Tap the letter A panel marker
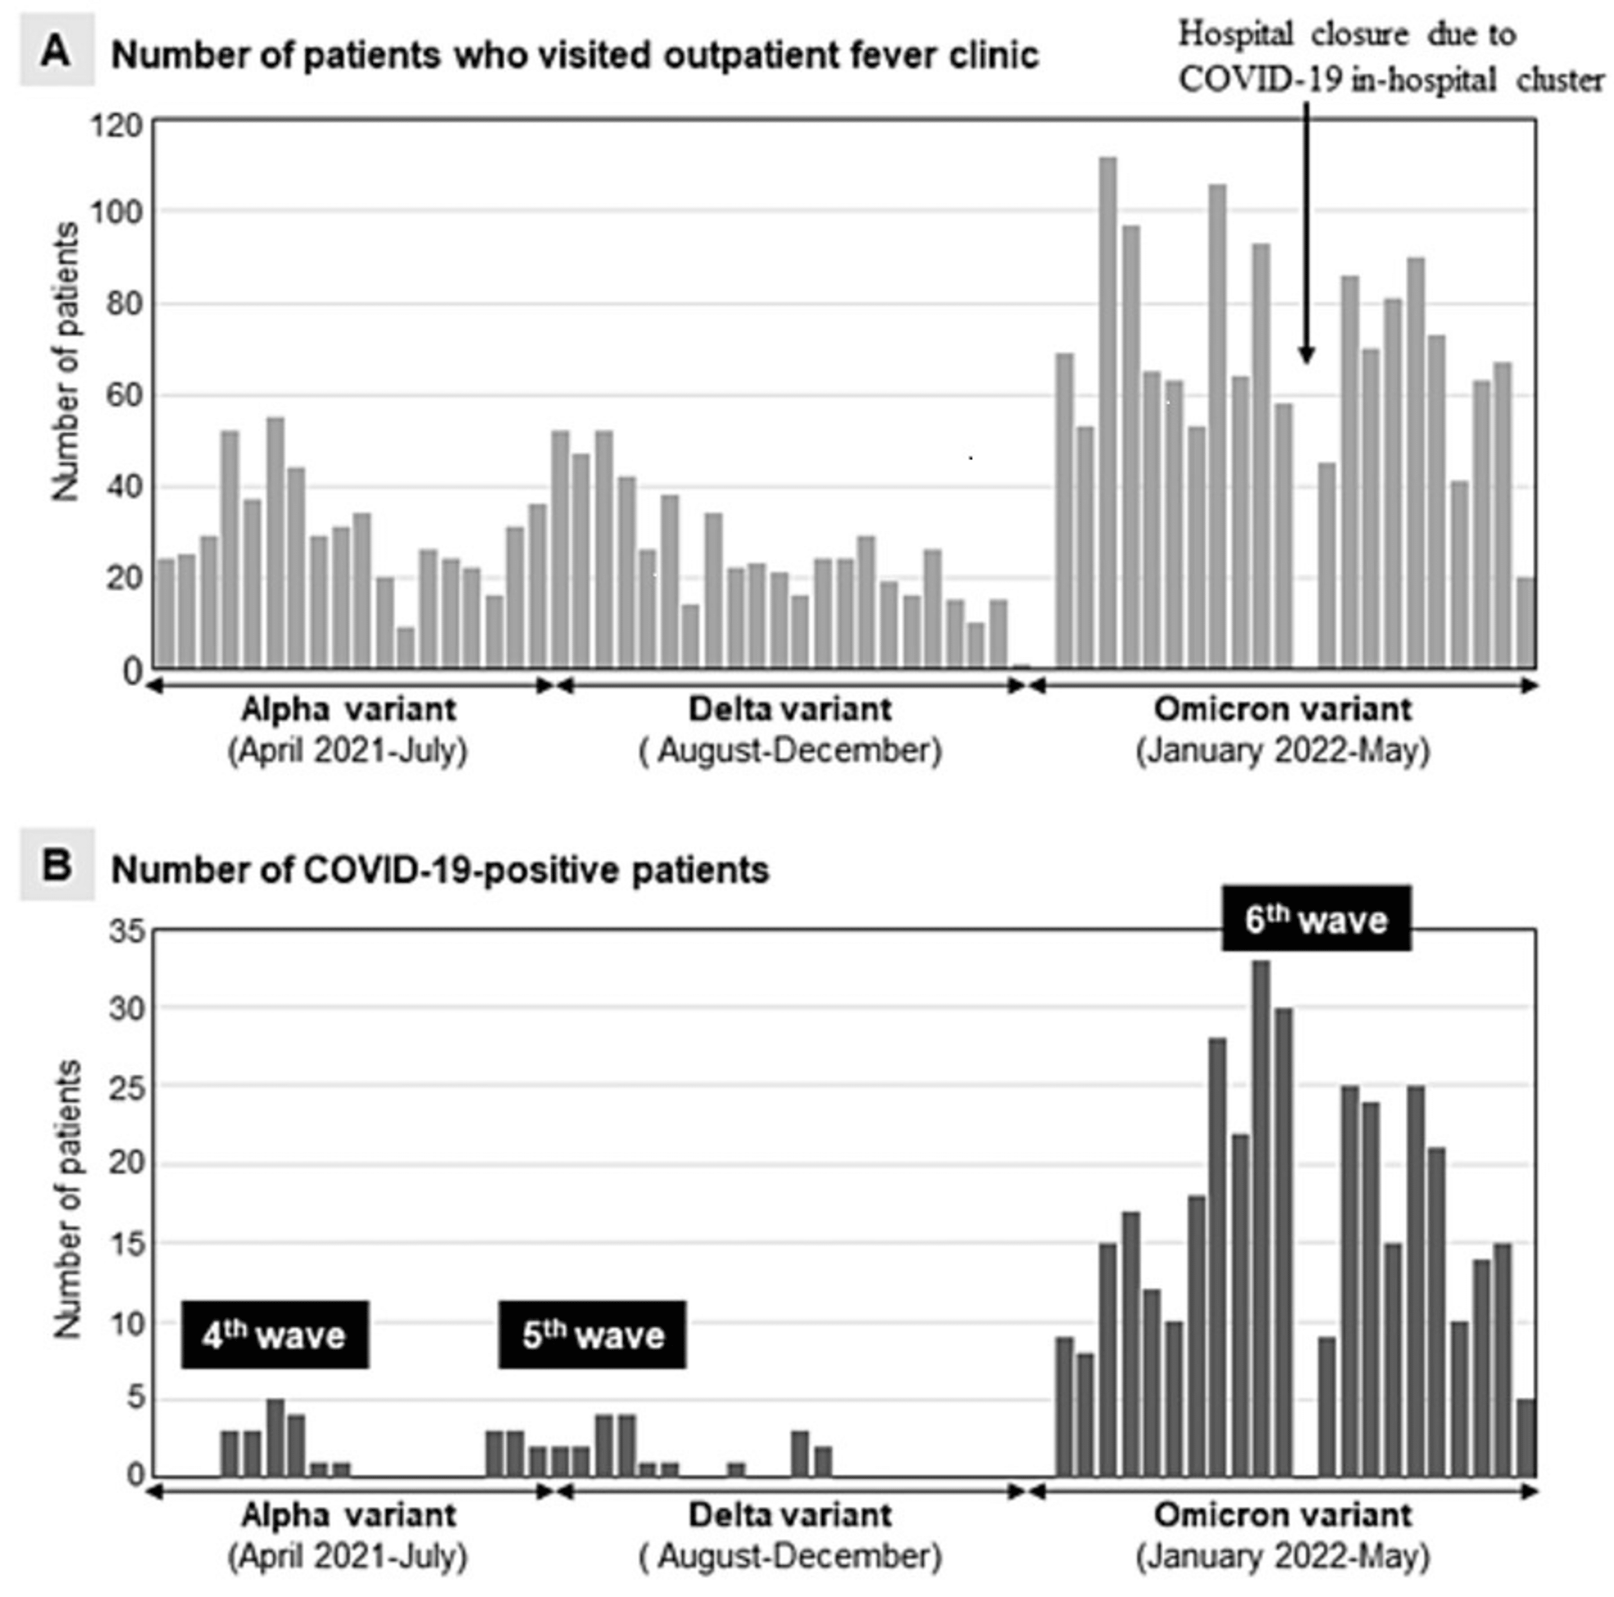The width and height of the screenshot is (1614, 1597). pyautogui.click(x=57, y=52)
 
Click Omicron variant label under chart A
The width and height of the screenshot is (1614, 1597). pyautogui.click(x=1283, y=709)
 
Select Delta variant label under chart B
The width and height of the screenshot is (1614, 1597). pyautogui.click(x=789, y=1514)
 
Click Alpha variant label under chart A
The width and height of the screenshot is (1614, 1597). pyautogui.click(x=349, y=709)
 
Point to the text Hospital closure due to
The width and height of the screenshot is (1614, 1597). pyautogui.click(x=1347, y=35)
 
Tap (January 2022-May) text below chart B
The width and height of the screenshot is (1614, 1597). pyautogui.click(x=1283, y=1556)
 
